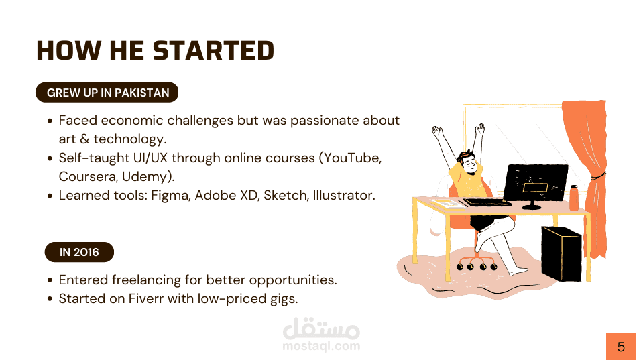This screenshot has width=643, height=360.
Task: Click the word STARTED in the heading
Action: [213, 50]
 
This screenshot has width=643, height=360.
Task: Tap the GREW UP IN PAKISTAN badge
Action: [107, 93]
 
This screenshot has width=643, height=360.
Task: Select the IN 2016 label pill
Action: [79, 252]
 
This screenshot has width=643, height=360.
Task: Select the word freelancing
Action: [146, 280]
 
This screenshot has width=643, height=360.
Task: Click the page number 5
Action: [622, 347]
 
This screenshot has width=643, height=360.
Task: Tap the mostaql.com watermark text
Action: [321, 346]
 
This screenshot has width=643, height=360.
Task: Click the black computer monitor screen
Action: [536, 182]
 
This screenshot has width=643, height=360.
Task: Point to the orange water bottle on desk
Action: [574, 198]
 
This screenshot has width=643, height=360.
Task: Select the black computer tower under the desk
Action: [561, 253]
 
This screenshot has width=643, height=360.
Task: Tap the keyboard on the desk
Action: [487, 202]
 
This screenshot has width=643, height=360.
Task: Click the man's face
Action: [469, 163]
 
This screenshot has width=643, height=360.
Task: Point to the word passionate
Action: [318, 121]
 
